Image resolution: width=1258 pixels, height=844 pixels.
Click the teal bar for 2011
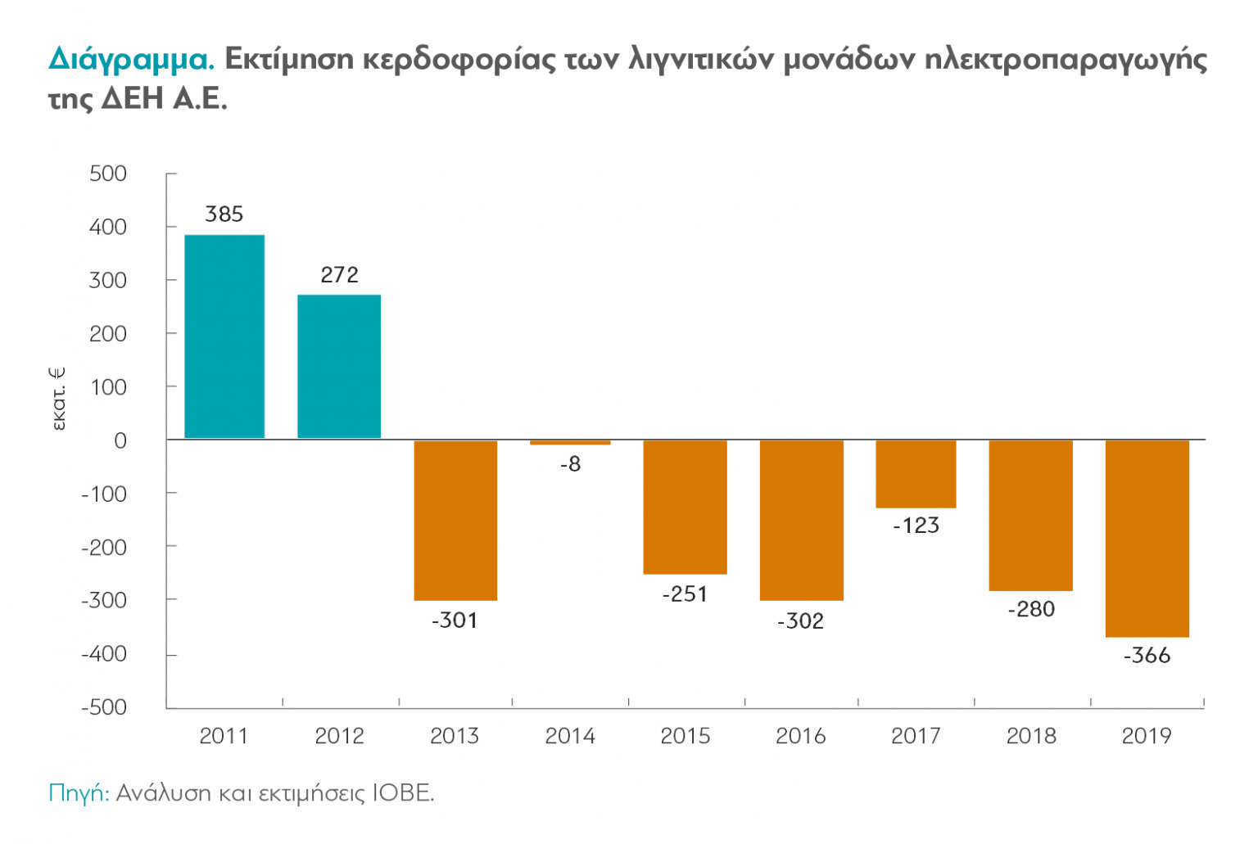(224, 336)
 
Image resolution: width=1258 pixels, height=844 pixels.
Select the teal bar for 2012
(339, 366)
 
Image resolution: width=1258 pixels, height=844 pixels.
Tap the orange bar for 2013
(455, 521)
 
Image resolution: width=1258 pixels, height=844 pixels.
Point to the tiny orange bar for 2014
(570, 443)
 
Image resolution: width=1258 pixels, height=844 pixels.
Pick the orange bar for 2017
(916, 474)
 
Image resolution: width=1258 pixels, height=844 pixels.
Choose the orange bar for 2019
(1147, 539)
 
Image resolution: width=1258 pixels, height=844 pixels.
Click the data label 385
(224, 214)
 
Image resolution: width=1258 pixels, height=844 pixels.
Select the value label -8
(570, 464)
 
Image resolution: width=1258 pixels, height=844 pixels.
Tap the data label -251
(685, 594)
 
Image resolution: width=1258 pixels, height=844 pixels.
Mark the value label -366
(1147, 656)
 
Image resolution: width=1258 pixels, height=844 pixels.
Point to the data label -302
(800, 621)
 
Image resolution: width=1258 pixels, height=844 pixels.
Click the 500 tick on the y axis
(108, 174)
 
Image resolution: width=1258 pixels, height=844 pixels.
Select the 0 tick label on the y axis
(120, 440)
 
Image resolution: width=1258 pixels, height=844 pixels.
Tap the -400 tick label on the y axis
(104, 654)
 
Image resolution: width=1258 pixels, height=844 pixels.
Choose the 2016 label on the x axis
(800, 736)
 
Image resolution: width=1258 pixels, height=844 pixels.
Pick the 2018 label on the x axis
(1031, 736)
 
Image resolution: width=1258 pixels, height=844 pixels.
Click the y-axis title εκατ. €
(58, 399)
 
